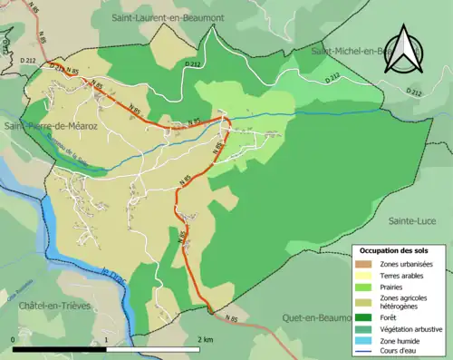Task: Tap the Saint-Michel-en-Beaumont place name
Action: [355, 52]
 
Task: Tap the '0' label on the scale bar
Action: [14, 338]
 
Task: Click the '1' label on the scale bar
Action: [107, 338]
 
